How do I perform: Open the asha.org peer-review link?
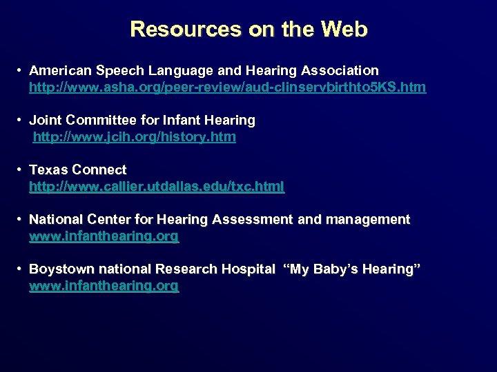227,87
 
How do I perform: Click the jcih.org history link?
135,137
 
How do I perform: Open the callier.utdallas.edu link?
156,187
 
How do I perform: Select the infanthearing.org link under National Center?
104,236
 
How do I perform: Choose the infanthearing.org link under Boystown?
104,286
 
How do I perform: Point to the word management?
367,219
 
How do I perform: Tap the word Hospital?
248,269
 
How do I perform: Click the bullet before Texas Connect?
21,169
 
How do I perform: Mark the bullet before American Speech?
21,70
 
